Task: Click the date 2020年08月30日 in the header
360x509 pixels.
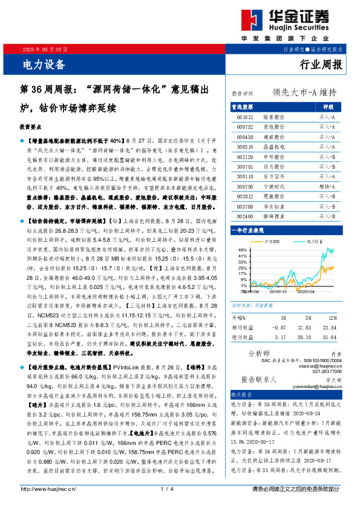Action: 45,49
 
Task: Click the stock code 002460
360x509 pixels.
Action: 245,215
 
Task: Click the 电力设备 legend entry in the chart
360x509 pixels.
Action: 313,241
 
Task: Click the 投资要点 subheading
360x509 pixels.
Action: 31,128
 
